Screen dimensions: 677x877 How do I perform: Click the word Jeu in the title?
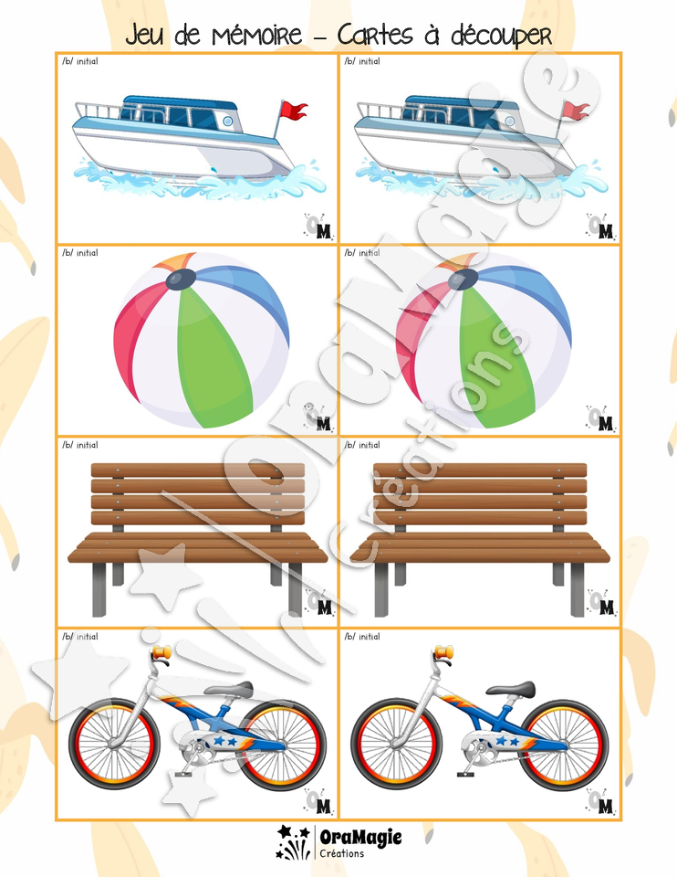click(145, 36)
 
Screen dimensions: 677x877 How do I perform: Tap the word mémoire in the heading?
click(256, 35)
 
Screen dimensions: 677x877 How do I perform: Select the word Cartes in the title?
click(375, 35)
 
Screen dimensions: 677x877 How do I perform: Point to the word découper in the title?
click(501, 37)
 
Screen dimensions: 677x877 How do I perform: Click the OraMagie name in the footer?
click(360, 838)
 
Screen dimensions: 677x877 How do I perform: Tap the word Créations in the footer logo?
click(342, 853)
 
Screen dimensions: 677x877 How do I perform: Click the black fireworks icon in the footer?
click(293, 842)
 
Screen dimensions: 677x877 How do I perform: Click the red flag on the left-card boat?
click(294, 111)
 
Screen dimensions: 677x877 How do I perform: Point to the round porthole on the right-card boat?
click(509, 121)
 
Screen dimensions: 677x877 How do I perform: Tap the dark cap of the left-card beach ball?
click(181, 279)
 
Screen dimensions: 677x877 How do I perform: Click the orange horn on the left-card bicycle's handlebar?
click(161, 651)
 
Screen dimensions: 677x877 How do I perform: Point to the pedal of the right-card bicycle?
click(466, 774)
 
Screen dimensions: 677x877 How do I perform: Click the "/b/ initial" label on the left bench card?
click(80, 445)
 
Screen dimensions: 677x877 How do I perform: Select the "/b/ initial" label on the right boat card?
click(362, 61)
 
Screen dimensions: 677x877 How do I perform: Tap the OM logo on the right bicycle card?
click(600, 801)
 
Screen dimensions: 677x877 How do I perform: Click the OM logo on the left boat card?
click(319, 226)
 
